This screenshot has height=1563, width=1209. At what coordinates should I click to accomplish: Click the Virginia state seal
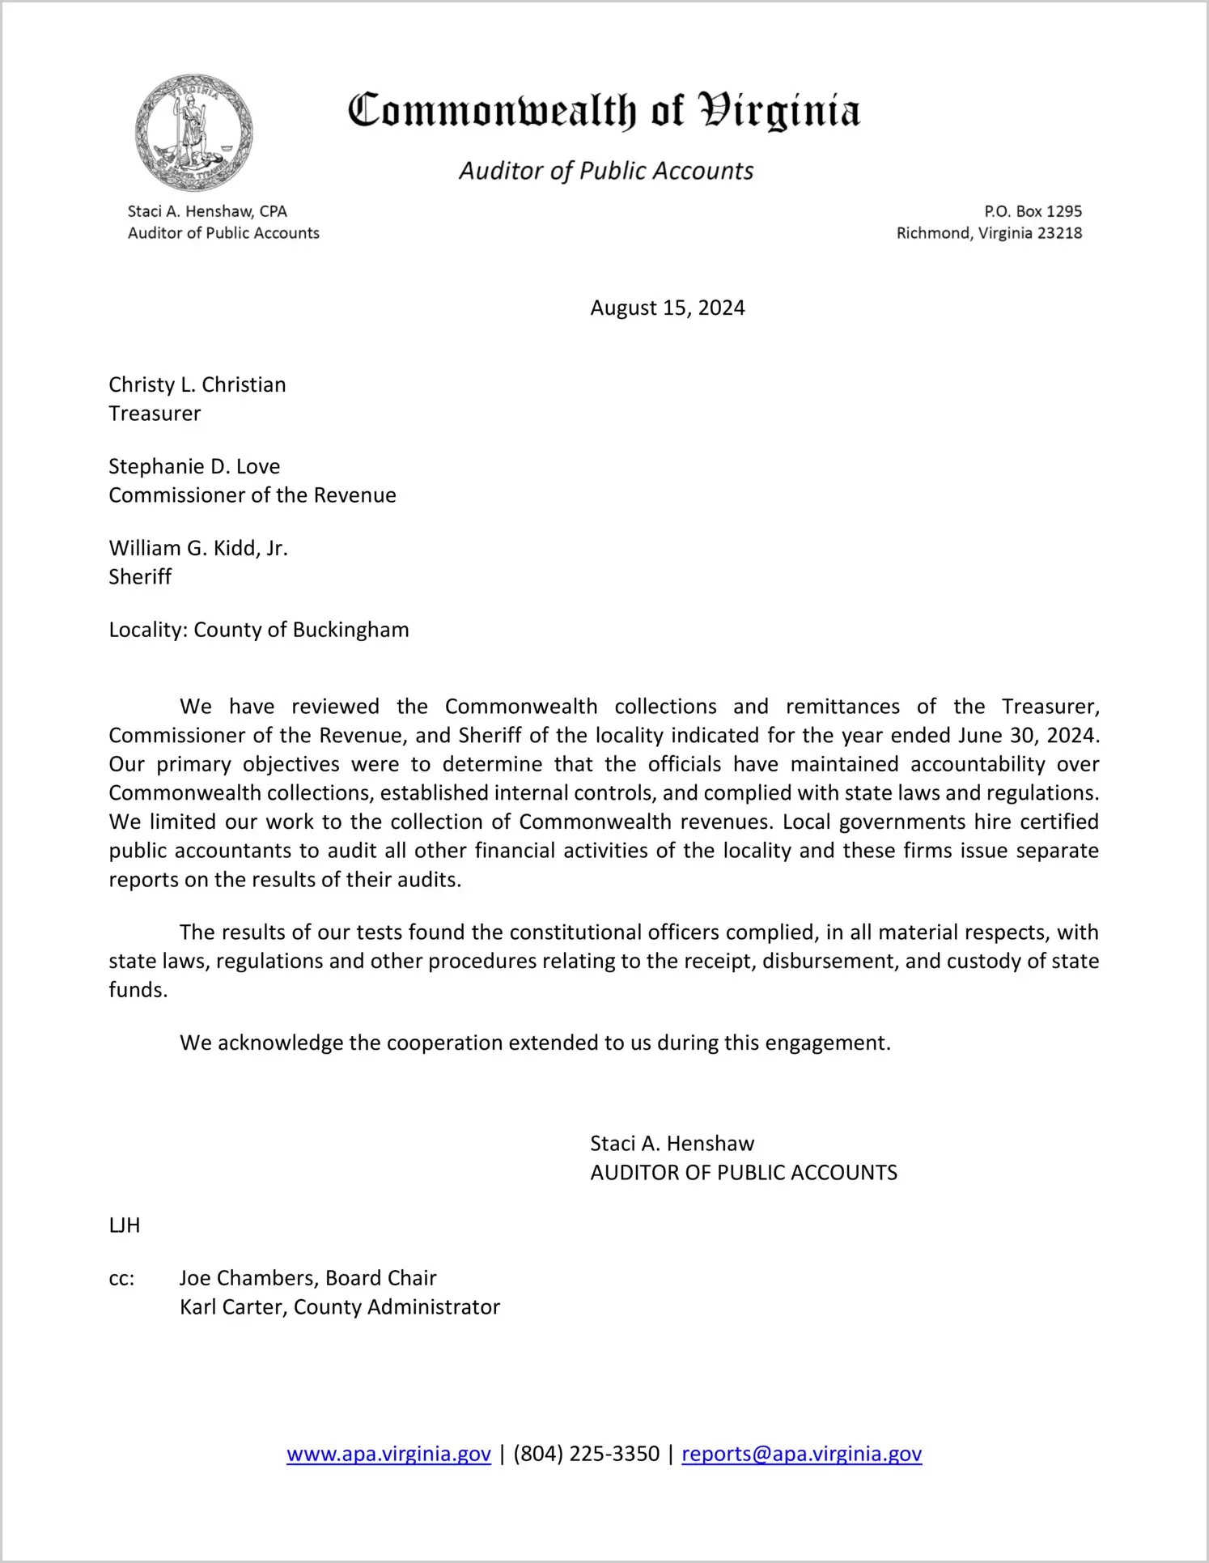[194, 133]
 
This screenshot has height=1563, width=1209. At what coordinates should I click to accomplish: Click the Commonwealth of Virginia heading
[604, 112]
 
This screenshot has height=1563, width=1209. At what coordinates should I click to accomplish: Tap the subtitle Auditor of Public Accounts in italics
[606, 171]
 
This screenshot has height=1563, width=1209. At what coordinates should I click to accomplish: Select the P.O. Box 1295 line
[1033, 211]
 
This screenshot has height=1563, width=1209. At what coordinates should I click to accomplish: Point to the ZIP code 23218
[1059, 233]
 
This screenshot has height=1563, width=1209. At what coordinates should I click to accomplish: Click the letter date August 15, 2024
[667, 308]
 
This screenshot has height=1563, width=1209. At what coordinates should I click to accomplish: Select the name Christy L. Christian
[197, 384]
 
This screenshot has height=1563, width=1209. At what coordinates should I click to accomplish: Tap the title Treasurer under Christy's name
[155, 414]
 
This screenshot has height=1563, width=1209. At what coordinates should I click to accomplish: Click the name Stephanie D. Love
[194, 466]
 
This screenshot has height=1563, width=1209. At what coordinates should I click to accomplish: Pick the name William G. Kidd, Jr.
[198, 548]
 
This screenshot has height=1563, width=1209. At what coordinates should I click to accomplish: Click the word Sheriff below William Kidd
[140, 577]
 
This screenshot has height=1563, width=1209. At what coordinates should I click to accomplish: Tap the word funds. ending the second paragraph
[138, 990]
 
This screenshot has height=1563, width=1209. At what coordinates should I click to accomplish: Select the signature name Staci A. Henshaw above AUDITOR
[672, 1144]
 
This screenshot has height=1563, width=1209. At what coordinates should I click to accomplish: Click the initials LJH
[125, 1225]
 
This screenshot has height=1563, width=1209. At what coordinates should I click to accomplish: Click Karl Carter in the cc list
[232, 1307]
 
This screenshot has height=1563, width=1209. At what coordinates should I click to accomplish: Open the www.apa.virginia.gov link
[388, 1454]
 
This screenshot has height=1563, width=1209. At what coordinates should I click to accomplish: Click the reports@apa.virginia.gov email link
[801, 1454]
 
